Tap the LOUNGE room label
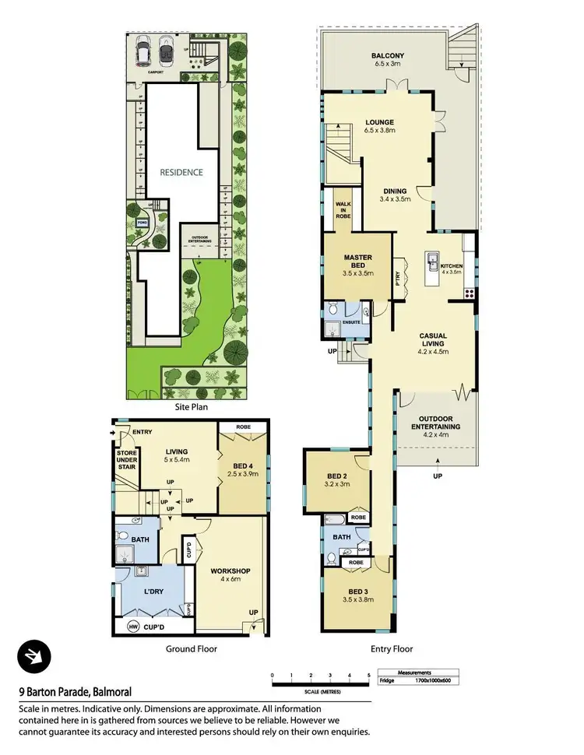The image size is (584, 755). (379, 122)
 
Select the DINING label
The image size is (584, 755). (396, 189)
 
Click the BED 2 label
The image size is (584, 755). (336, 479)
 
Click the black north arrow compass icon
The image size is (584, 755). (34, 658)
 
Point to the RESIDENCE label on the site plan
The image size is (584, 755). (181, 173)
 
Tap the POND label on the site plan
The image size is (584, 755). (142, 223)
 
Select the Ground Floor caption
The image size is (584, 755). (191, 648)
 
